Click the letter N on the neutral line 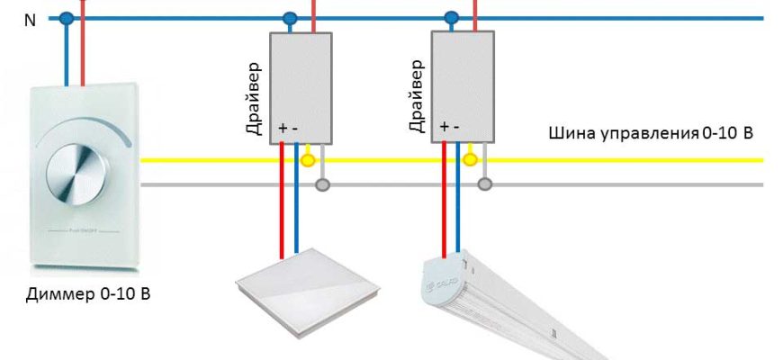(30, 20)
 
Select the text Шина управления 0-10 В (651, 134)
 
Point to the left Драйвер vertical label (254, 98)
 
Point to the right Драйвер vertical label (416, 98)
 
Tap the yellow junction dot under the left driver (307, 161)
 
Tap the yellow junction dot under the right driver (469, 161)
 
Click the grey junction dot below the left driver (322, 185)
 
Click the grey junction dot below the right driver (484, 185)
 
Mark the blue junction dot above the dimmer (66, 18)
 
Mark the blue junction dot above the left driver (289, 18)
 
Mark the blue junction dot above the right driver (451, 18)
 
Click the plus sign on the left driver (283, 128)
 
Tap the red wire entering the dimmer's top (82, 54)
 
